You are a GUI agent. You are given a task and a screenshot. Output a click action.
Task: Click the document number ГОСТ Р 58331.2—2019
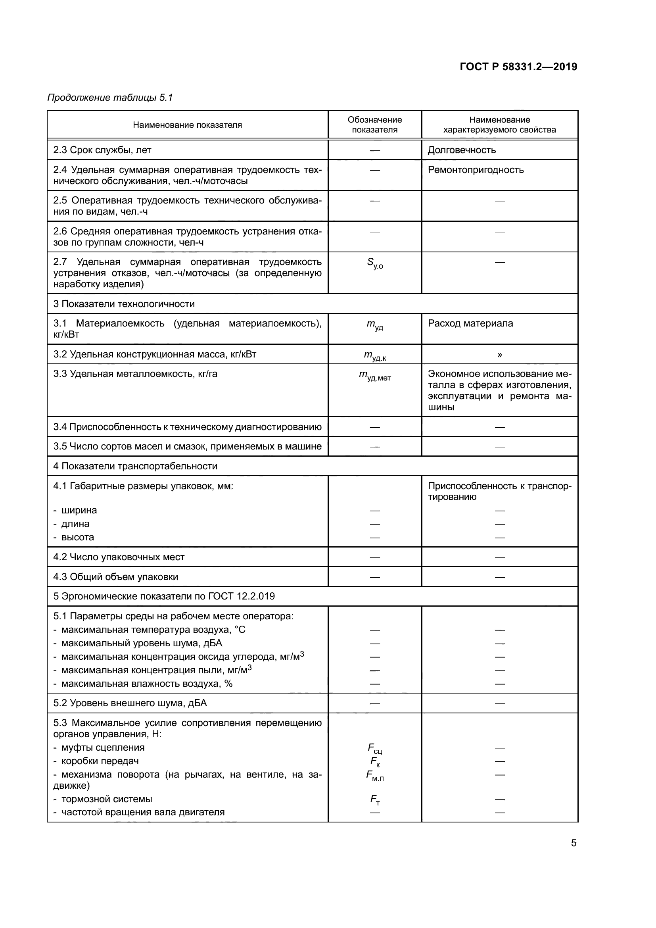[518, 67]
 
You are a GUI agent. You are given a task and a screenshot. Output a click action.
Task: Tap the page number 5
[574, 843]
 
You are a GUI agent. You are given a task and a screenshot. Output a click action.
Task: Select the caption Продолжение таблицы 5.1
[110, 98]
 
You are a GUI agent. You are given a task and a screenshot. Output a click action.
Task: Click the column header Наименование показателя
[188, 125]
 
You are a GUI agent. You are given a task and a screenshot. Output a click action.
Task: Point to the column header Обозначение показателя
[374, 125]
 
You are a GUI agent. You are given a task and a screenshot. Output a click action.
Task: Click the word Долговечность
[462, 150]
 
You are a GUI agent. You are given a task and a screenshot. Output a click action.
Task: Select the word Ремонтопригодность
[476, 170]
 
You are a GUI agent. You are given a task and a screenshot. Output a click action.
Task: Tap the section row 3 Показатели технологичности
[124, 304]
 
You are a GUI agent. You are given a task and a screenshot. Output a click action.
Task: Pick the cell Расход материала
[470, 323]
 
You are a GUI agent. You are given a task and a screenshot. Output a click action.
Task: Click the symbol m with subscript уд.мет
[374, 375]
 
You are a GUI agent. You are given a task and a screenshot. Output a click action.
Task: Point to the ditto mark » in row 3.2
[500, 354]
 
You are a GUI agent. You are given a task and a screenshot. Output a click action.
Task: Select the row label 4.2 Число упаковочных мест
[119, 557]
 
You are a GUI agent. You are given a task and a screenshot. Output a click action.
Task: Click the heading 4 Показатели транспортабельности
[135, 466]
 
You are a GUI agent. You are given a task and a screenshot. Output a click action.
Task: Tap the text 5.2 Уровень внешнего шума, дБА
[130, 703]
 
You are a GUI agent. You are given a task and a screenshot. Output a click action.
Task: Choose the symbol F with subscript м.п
[374, 776]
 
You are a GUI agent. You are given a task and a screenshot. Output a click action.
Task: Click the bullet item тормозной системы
[107, 799]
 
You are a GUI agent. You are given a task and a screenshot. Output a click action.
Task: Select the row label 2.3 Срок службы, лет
[102, 150]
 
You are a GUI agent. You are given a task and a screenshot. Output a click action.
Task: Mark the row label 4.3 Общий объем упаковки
[115, 577]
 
